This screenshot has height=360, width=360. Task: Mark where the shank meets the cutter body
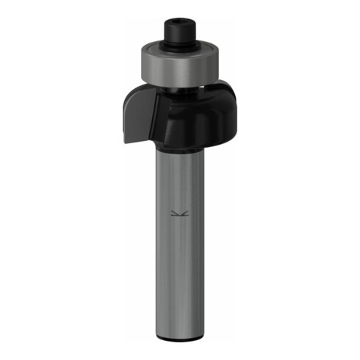179,149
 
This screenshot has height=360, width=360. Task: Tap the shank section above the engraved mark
179,180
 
